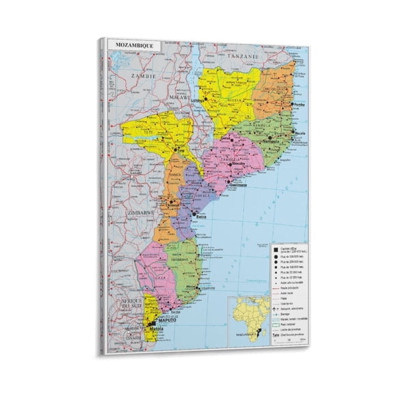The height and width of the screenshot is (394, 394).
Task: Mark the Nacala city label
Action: coord(299,133)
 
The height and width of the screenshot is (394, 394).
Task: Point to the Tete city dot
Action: coord(176,148)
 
